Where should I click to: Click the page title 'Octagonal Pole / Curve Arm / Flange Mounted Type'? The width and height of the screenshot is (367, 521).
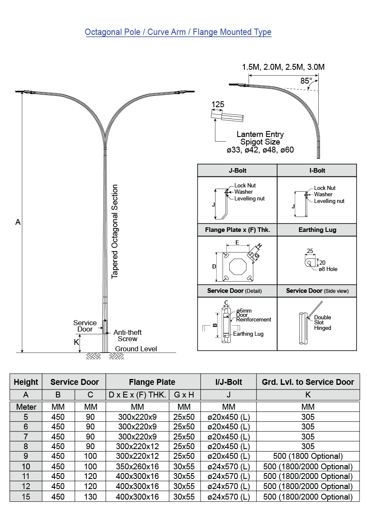pos(178,32)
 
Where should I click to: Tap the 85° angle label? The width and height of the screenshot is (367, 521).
pos(306,81)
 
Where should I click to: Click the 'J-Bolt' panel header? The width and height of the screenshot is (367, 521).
pos(237,171)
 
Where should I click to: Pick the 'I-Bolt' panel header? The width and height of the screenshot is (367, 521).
pos(317,171)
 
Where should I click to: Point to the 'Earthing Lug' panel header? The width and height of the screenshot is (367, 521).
pos(317,230)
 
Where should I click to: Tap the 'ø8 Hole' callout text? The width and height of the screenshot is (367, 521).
pos(328,269)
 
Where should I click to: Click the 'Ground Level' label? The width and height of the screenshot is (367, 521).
pos(136,349)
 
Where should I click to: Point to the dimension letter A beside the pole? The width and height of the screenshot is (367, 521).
pos(18,222)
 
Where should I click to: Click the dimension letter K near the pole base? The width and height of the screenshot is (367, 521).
pos(76,342)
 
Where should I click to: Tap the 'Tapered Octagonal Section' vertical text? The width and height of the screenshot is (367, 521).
pos(115,232)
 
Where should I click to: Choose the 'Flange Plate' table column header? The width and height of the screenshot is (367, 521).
pos(152,382)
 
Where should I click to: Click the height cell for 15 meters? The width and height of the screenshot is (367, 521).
pos(26,497)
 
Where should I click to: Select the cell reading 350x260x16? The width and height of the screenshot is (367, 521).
pos(137,466)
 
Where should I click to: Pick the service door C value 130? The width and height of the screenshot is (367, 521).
pos(90,497)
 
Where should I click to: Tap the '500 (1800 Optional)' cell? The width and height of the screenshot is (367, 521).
pos(308,456)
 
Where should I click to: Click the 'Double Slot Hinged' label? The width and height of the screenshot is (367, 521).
pos(322,323)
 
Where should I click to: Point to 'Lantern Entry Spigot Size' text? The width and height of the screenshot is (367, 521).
pos(260,138)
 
